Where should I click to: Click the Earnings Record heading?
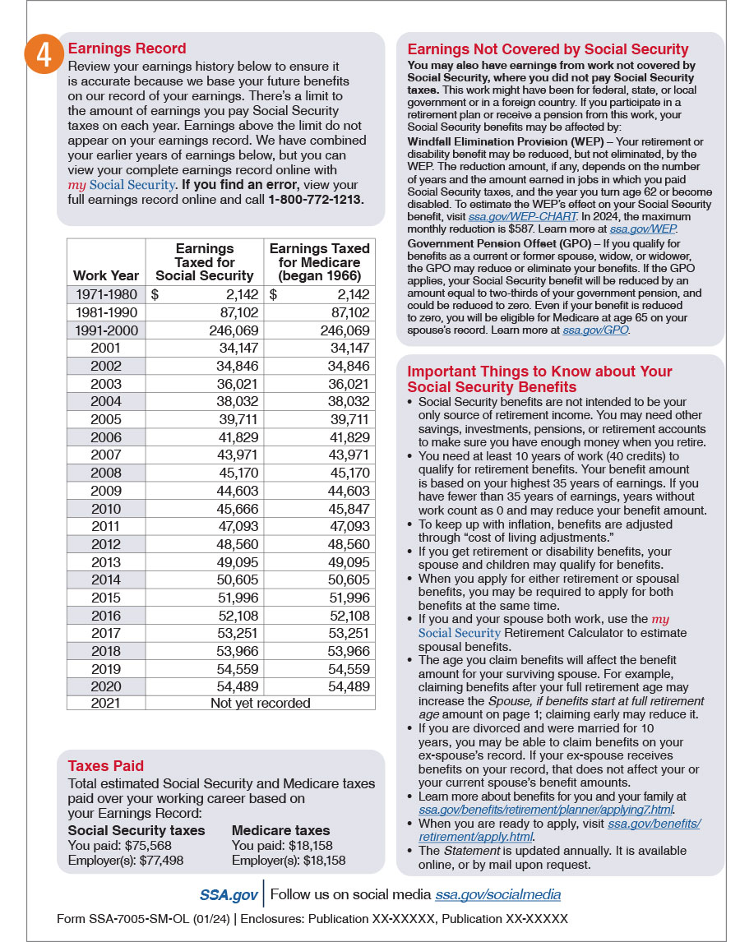[x=127, y=48]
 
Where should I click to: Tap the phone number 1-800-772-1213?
[x=316, y=199]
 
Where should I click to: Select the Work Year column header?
[x=106, y=275]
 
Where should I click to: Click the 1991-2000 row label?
[x=106, y=330]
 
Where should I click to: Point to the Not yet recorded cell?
[x=260, y=703]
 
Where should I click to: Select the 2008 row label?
[x=106, y=473]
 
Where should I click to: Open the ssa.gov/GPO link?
[x=596, y=330]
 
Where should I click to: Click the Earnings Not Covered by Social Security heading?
[x=548, y=49]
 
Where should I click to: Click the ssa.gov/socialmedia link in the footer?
[x=497, y=894]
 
